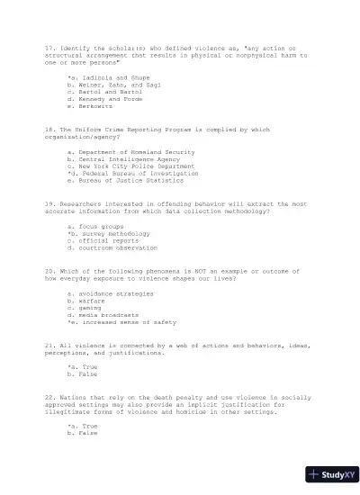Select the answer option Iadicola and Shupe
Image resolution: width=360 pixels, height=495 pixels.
coord(104,78)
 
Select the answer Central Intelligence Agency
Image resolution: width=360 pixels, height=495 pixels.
coord(118,160)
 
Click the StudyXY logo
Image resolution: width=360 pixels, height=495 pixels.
coord(331,473)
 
